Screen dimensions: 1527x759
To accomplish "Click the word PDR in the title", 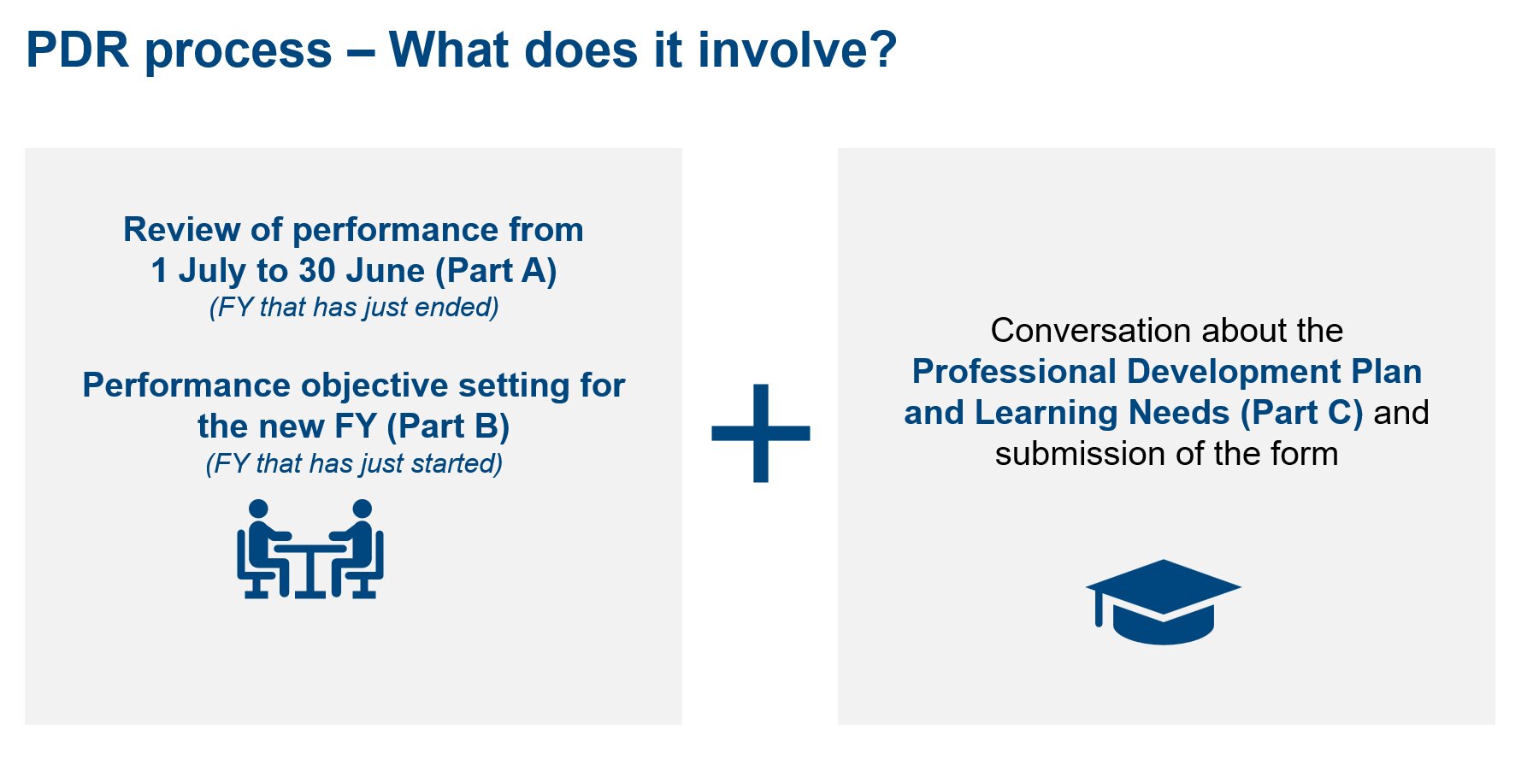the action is coord(78,50).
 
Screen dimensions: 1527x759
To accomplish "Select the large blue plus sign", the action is coord(761,433).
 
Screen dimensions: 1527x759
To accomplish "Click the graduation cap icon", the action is coord(1163,602).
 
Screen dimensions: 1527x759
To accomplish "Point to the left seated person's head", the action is coord(257,509).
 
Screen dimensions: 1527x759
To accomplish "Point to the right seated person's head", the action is coord(362,509).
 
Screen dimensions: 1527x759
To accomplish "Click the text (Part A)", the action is coord(496,271).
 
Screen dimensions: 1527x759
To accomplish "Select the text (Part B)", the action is coord(448,427).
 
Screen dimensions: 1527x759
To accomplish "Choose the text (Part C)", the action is coord(1301,413).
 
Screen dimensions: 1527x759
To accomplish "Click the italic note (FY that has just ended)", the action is coord(354,307).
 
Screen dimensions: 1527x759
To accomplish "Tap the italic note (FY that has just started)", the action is coord(354,463).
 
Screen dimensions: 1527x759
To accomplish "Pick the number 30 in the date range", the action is coord(317,271).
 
